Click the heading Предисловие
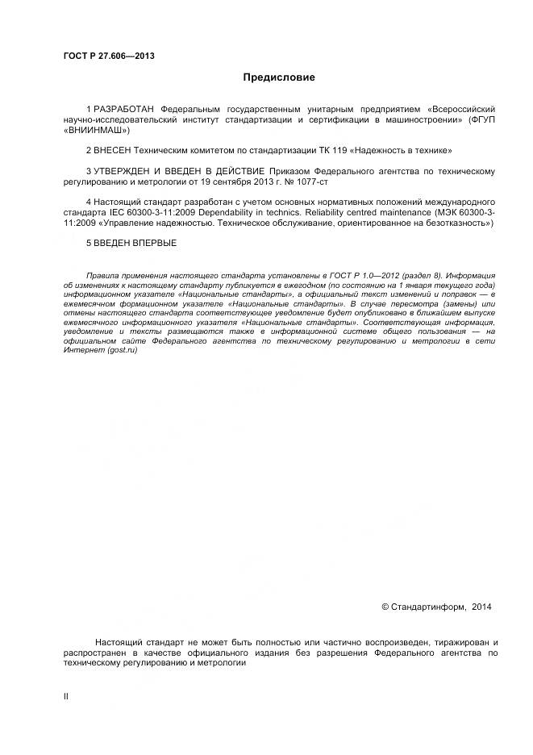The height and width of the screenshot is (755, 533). (x=279, y=77)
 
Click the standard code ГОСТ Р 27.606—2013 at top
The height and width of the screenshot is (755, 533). (x=109, y=56)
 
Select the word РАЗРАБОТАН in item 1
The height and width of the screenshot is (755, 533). (x=125, y=108)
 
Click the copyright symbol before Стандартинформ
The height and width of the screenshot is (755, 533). (x=385, y=607)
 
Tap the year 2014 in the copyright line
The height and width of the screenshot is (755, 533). (x=481, y=607)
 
